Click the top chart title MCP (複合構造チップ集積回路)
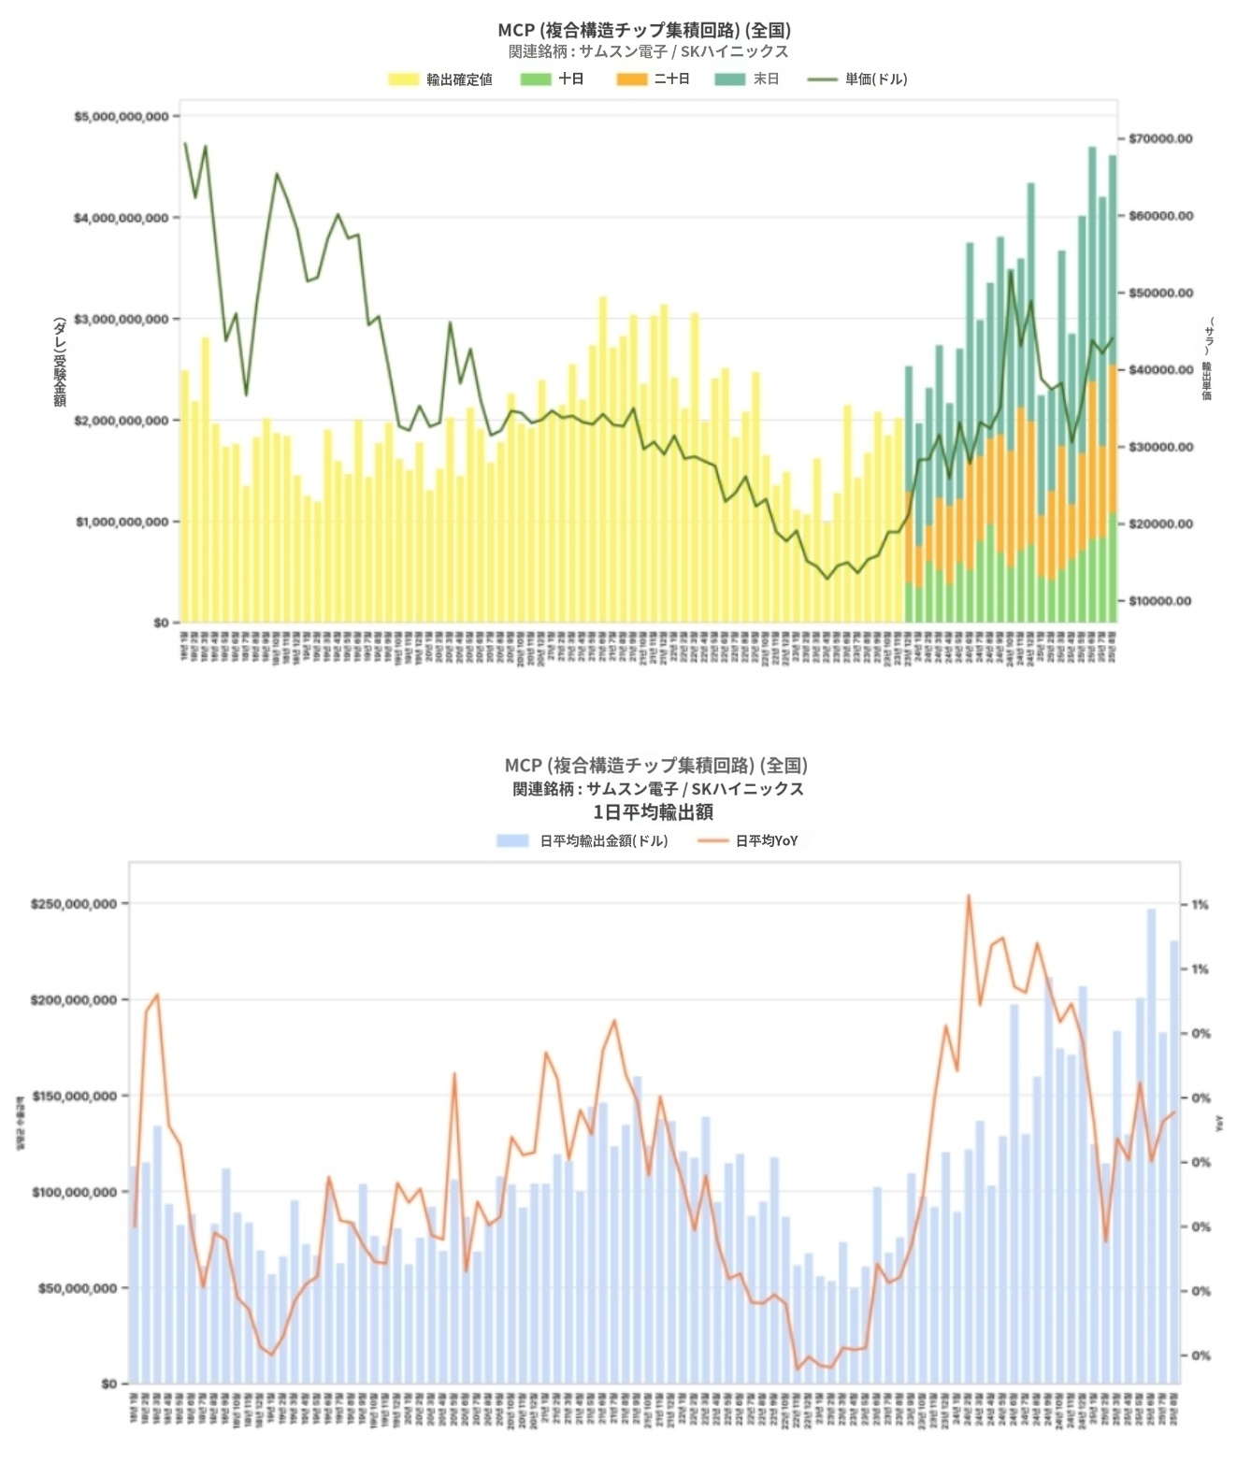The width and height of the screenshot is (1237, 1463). pos(644,30)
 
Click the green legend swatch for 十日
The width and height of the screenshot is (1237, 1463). pos(536,79)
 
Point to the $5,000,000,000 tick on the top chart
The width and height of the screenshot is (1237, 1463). pos(122,117)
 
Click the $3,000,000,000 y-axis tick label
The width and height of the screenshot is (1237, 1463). pos(122,320)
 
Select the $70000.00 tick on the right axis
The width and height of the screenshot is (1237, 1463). pos(1160,139)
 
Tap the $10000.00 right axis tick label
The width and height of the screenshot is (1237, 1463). pos(1160,601)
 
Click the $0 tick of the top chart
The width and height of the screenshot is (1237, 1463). pos(161,624)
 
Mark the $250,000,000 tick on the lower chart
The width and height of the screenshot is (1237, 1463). pos(74,905)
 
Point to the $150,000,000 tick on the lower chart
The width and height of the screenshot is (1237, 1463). pos(74,1097)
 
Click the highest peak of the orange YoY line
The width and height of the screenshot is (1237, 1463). pos(969,896)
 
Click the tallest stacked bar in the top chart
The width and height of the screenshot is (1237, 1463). pos(1092,383)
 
